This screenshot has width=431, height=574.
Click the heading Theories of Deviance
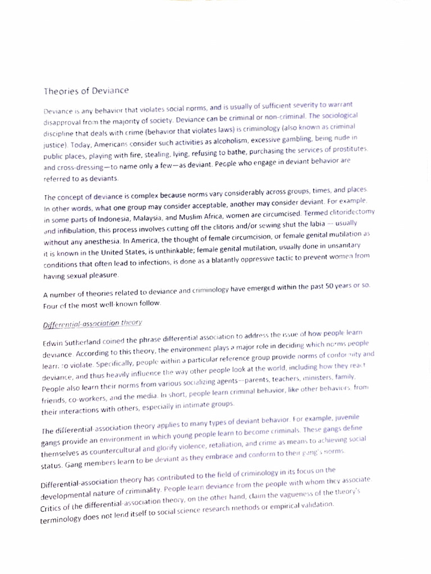pyautogui.click(x=86, y=90)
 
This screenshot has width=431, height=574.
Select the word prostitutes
pyautogui.click(x=349, y=149)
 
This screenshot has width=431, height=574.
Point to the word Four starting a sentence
pyautogui.click(x=51, y=306)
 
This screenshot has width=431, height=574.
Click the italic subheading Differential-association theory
pyautogui.click(x=93, y=323)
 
